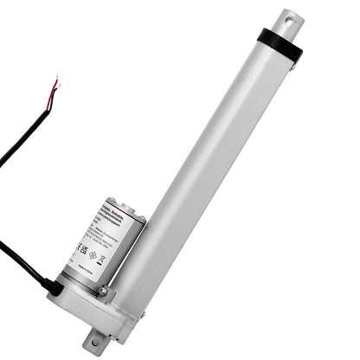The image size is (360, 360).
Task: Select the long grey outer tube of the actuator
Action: (x=216, y=173)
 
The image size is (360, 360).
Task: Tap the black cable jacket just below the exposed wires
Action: (x=35, y=130)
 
